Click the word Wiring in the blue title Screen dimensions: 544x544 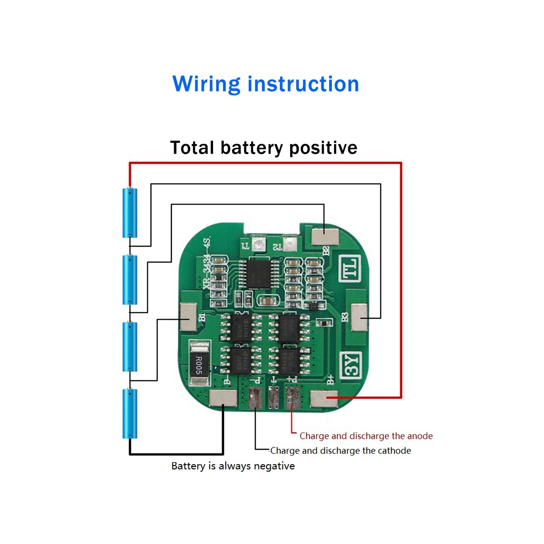[206, 84]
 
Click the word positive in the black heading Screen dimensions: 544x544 [323, 148]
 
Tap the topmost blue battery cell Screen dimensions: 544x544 [130, 213]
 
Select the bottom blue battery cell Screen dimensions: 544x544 [130, 413]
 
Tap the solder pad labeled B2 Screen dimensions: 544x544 [325, 236]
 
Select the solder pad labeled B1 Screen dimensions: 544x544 [189, 316]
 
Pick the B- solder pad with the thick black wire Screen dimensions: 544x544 [223, 398]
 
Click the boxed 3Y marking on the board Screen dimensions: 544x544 [352, 365]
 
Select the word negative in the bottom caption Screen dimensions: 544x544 [274, 466]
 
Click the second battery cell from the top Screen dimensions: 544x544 [130, 280]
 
